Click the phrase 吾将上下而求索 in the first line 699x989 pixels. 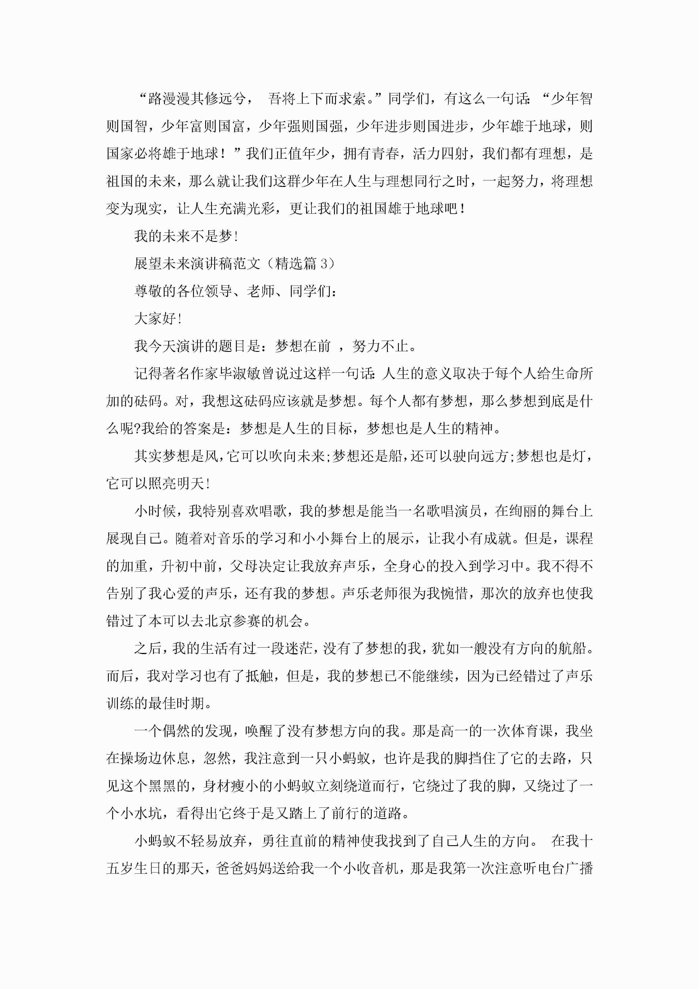pyautogui.click(x=317, y=99)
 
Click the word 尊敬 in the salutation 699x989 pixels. pyautogui.click(x=148, y=291)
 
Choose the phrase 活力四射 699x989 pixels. pyautogui.click(x=440, y=154)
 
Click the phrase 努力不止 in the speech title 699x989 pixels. pyautogui.click(x=380, y=346)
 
